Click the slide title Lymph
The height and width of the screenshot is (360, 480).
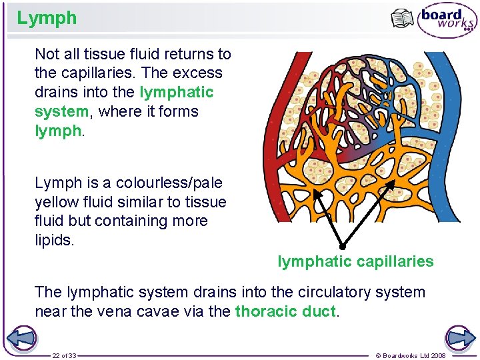47,18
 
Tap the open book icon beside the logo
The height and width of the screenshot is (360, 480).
403,19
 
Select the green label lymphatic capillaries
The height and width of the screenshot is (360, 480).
355,261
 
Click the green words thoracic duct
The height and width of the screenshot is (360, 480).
285,311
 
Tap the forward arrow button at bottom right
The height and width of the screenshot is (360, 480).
460,338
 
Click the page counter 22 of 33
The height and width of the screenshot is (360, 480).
65,356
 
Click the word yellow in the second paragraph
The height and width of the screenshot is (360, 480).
56,202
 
